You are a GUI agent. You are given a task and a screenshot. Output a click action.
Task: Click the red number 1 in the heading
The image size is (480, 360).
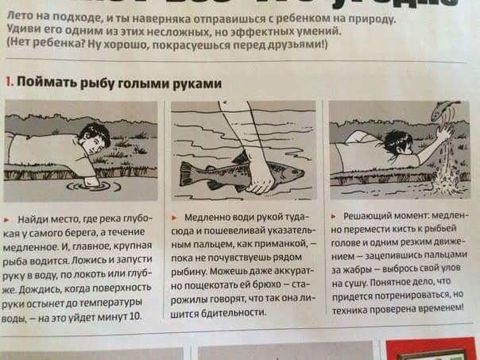coord(7,83)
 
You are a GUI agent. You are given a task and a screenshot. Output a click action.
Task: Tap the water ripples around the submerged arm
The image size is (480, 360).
coord(88,184)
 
